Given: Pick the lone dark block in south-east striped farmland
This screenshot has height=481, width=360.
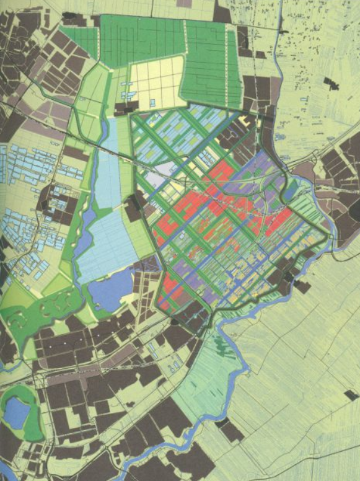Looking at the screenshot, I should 351,395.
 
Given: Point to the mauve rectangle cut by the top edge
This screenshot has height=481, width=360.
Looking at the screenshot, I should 184,3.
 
